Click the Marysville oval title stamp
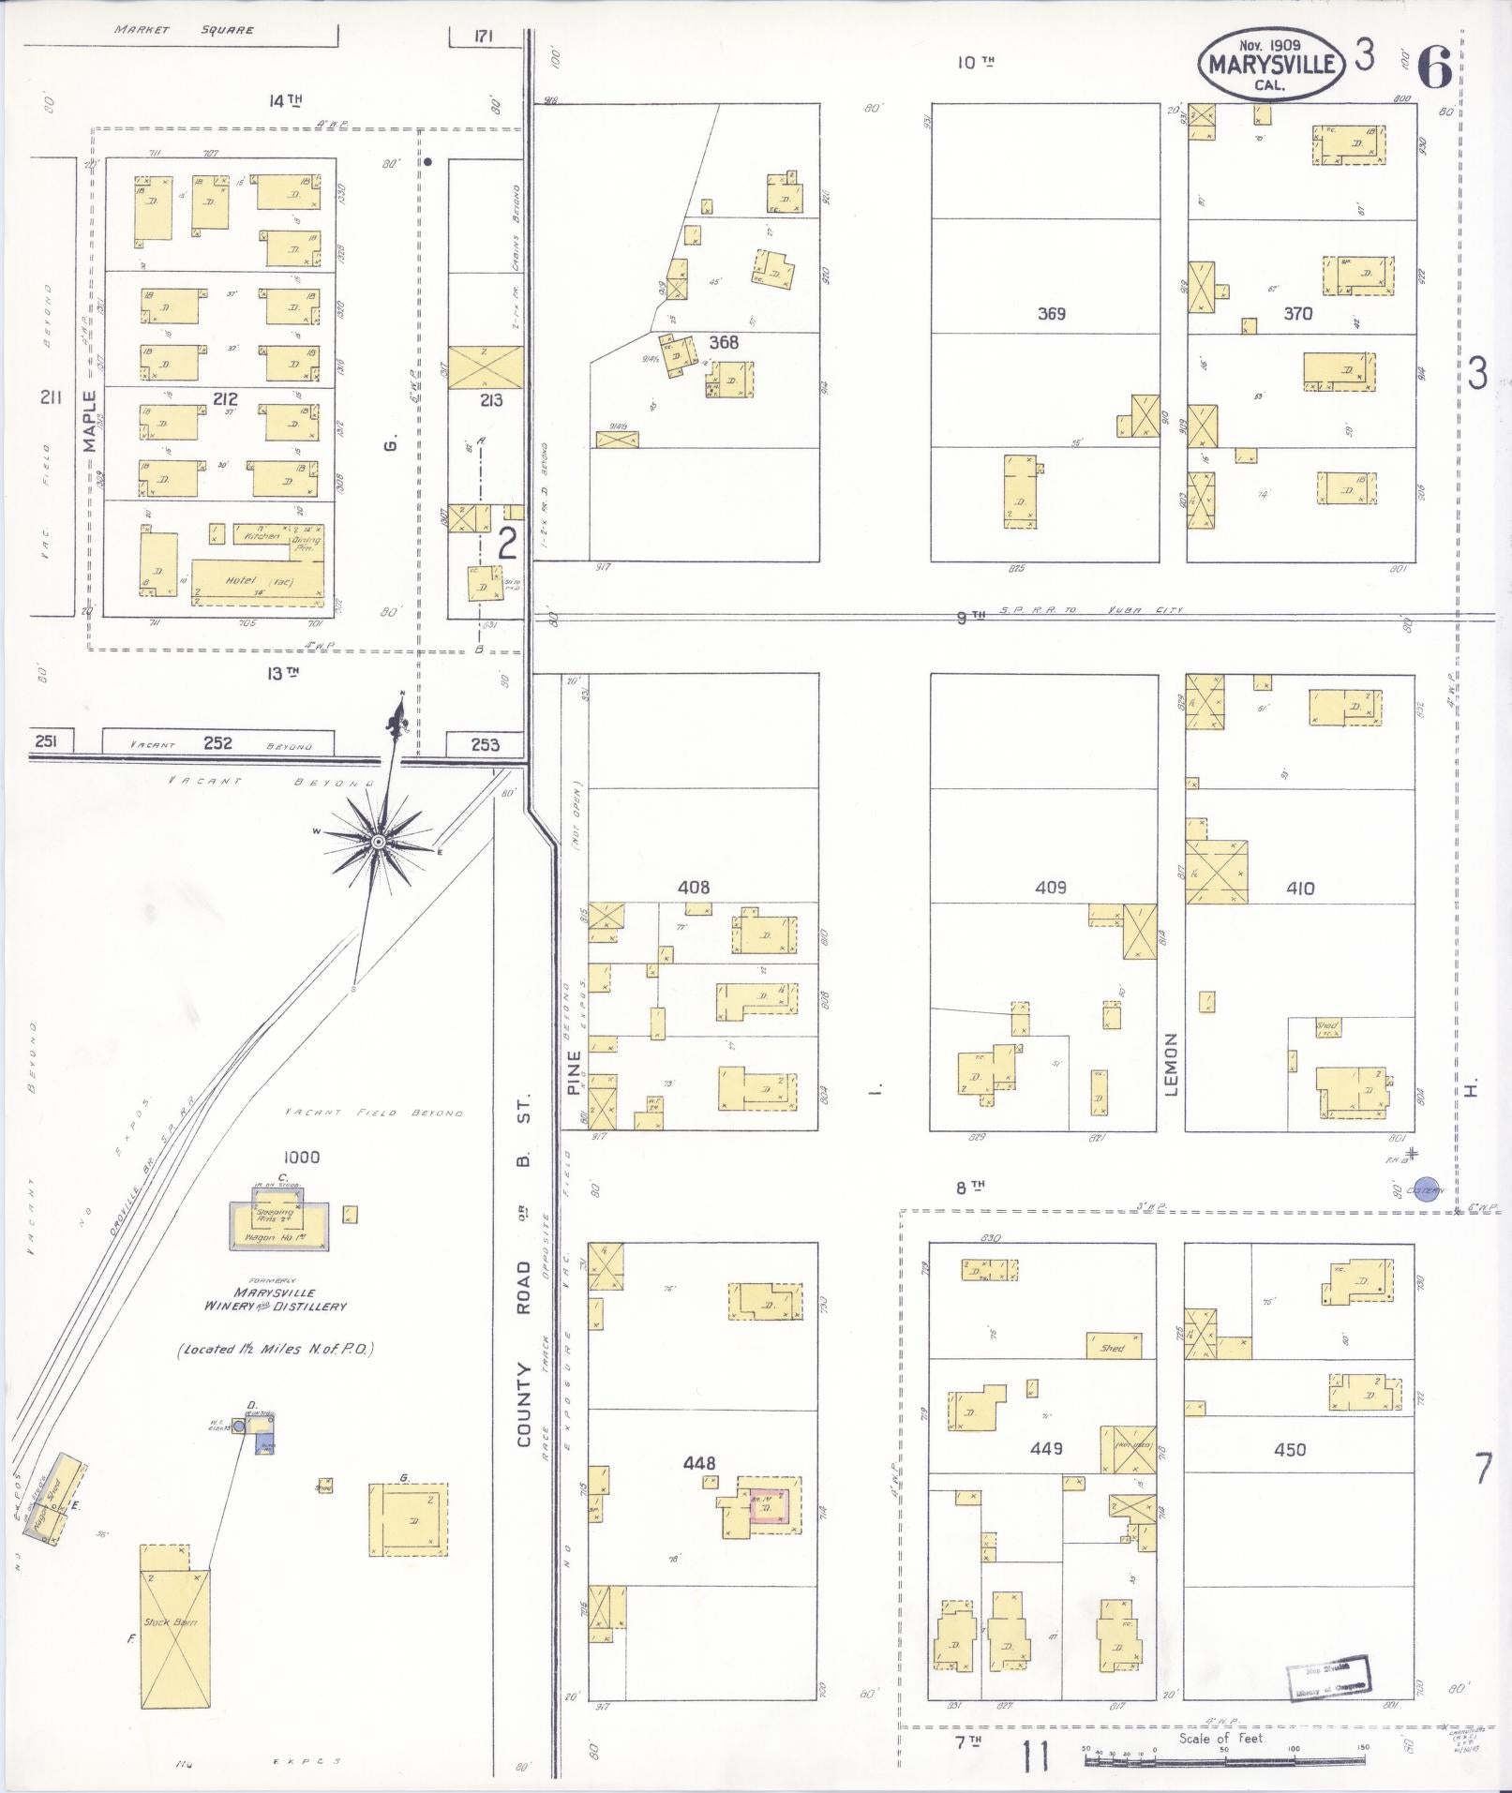point(1271,64)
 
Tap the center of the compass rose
point(378,843)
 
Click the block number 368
point(724,343)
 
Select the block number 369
point(1051,314)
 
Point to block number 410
point(1300,888)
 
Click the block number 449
point(1046,1448)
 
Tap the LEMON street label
point(1170,1064)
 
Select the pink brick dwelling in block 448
point(769,1508)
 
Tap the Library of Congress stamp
point(1330,1678)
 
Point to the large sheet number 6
point(1433,67)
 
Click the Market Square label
point(184,30)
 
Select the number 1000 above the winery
point(300,1158)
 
